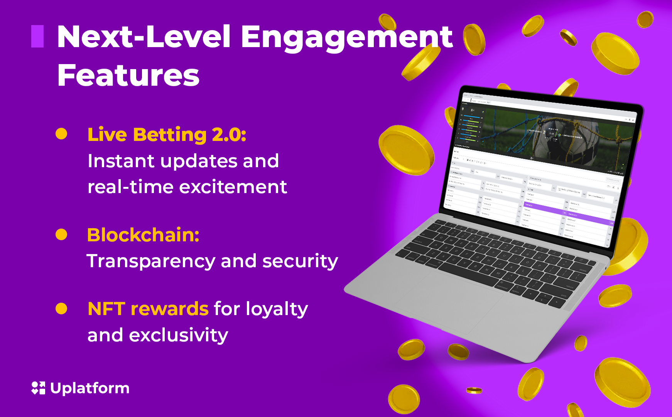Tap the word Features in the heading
tap(128, 75)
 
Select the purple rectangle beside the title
tap(37, 36)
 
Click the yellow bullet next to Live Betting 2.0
tap(61, 134)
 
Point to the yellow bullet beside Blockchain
tap(61, 234)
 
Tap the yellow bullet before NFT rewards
tap(61, 309)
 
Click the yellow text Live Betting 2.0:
tap(167, 135)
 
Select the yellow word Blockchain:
tap(143, 235)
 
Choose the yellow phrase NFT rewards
tap(148, 309)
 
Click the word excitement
tap(233, 187)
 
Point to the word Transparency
tap(151, 261)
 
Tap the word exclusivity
tap(178, 335)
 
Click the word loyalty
tap(277, 309)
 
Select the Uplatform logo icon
tap(38, 388)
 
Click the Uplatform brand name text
tap(90, 388)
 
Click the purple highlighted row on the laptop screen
tap(567, 212)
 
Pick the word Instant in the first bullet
tap(121, 161)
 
